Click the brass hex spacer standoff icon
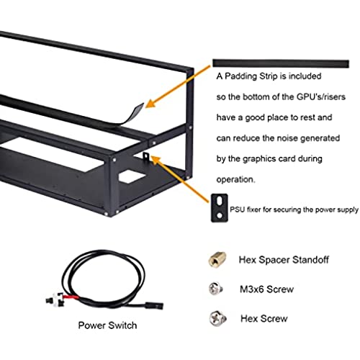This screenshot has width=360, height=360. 217,259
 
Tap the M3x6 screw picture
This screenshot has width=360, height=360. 216,289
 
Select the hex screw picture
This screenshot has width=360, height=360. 217,318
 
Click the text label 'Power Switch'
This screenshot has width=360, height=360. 107,325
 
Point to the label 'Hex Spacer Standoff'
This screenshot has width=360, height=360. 284,260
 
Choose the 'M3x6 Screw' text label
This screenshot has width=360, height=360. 266,289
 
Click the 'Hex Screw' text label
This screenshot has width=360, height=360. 264,319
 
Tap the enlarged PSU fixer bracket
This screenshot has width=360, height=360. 219,208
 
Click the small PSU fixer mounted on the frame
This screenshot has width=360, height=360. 146,157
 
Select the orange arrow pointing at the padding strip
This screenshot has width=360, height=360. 178,86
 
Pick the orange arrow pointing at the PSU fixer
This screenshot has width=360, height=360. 179,179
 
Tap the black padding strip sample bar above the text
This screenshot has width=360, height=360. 281,63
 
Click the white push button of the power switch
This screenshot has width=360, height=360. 57,300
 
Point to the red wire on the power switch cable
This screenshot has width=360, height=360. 71,298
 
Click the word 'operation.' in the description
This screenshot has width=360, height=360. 235,180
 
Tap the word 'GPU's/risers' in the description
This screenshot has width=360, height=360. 321,96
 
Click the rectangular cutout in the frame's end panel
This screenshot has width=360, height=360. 132,176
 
